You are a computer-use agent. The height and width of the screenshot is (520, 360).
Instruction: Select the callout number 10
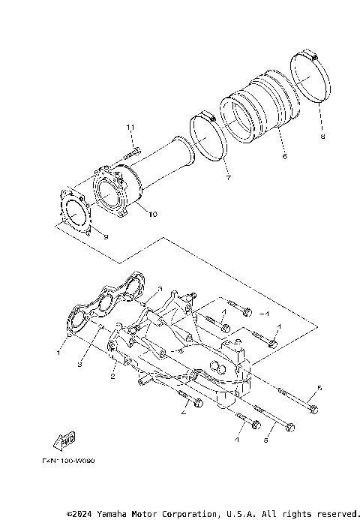click(152, 214)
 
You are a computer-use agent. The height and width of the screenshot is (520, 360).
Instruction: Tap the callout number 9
click(106, 237)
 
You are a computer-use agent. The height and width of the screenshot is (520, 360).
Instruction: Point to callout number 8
click(322, 137)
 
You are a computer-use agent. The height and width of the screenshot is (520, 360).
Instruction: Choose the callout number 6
click(285, 157)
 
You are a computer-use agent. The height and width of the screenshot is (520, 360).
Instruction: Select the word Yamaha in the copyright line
click(119, 514)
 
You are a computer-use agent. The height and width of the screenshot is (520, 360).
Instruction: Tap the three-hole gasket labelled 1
click(105, 305)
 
